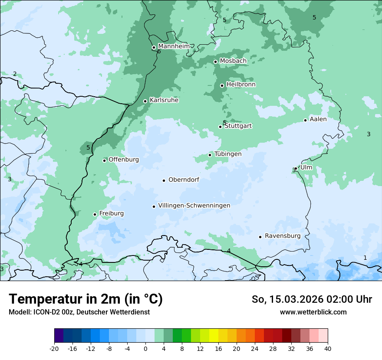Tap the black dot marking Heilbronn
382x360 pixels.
[x=222, y=85]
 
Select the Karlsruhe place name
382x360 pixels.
[x=164, y=100]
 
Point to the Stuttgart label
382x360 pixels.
[x=238, y=126]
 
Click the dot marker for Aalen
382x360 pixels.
[x=305, y=120]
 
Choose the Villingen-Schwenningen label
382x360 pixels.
[x=194, y=206]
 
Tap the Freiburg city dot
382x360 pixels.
[x=95, y=214]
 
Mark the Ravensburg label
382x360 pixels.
[x=282, y=236]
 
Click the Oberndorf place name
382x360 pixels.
[x=184, y=180]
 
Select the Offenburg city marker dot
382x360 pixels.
[x=104, y=160]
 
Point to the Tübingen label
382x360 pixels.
[x=227, y=154]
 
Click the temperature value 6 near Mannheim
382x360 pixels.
[x=159, y=52]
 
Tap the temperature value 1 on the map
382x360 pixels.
[x=365, y=258]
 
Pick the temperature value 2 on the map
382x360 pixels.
[x=14, y=74]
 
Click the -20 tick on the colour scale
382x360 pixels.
[x=54, y=349]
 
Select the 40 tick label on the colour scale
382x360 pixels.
[x=327, y=349]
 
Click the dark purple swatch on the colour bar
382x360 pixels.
[x=59, y=336]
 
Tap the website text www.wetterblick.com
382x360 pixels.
[x=313, y=312]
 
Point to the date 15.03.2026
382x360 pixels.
[x=293, y=299]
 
